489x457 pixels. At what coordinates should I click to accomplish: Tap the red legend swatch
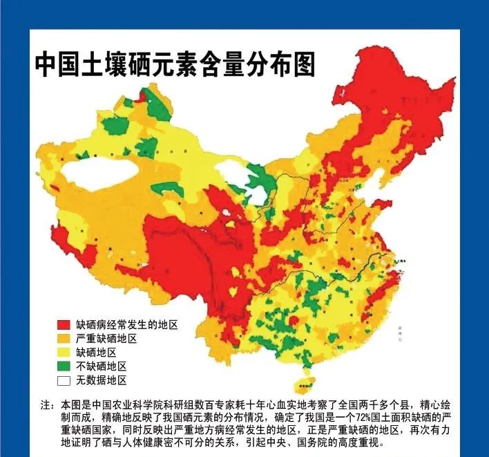[64, 324]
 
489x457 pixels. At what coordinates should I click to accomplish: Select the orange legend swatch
[64, 338]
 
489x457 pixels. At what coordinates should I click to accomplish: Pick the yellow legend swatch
[64, 352]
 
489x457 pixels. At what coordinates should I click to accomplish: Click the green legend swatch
[64, 366]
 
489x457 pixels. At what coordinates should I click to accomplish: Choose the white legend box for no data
[64, 380]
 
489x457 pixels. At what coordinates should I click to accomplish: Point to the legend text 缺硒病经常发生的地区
[127, 324]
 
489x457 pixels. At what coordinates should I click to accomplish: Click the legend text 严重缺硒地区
[106, 338]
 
